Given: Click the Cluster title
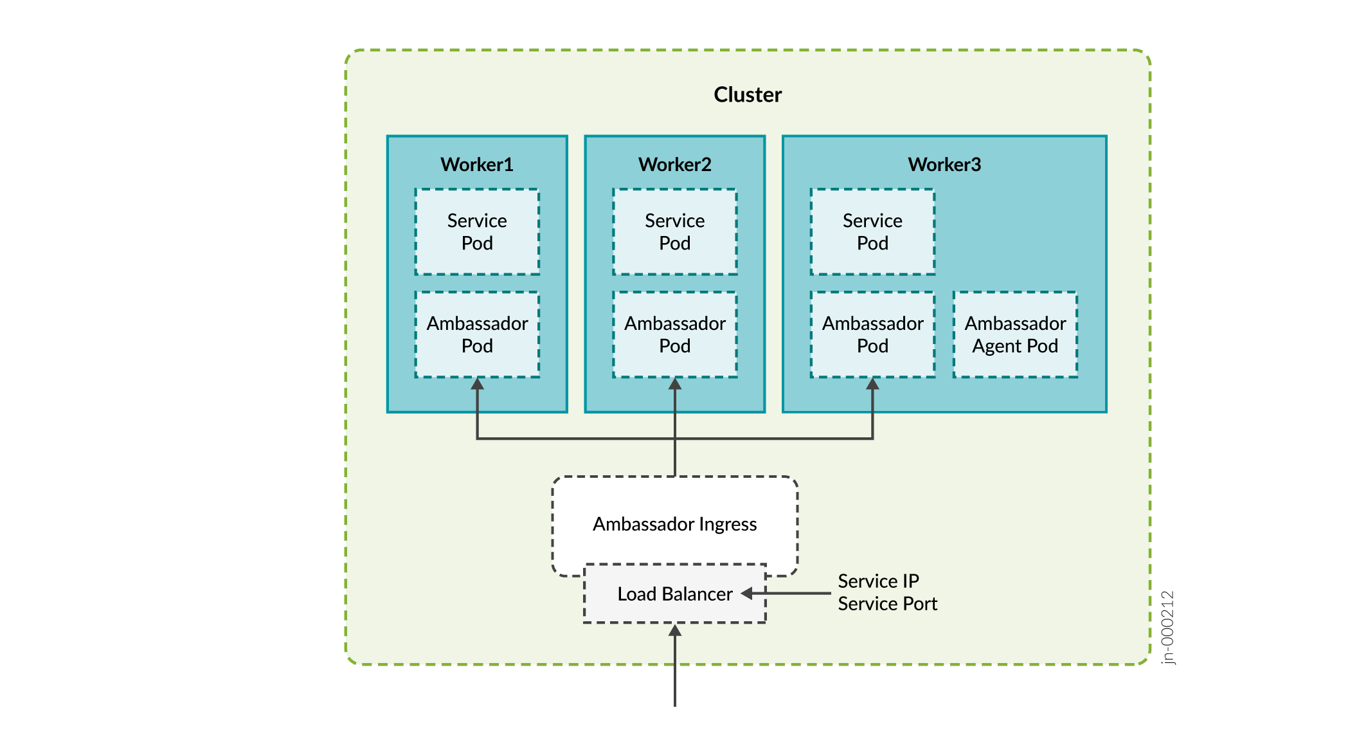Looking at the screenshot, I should coord(748,95).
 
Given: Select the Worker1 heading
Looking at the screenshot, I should coord(477,165).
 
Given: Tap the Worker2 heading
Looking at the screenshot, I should coord(675,165).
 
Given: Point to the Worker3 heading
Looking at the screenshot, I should coord(944,165).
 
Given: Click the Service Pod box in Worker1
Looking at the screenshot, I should coord(477,232).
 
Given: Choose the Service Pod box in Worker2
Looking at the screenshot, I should coord(675,232).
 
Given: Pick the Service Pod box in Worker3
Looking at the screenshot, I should coord(872,232).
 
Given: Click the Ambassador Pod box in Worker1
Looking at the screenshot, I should coord(477,334).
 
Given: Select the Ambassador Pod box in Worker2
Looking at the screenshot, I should coord(675,334).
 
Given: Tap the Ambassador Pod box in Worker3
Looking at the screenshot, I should coord(872,334).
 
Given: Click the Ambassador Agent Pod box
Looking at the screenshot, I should coord(1015,334).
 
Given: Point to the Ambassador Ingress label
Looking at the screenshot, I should coord(675,524).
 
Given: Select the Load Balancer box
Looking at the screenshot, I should coord(675,594).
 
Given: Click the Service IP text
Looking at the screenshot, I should coord(878,581).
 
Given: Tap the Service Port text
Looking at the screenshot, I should coord(887,604).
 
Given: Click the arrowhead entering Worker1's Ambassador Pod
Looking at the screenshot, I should coord(477,384).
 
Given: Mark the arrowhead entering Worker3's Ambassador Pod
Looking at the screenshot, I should coord(872,384).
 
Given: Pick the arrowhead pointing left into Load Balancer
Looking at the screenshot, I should coord(747,594).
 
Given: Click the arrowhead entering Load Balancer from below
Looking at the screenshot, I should coord(675,630).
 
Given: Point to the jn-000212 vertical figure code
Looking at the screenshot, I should coord(1168,627).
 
